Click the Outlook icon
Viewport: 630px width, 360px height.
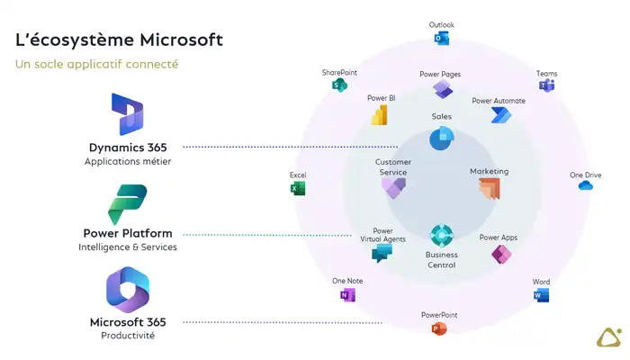(442, 39)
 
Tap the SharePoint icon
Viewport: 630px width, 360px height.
(339, 85)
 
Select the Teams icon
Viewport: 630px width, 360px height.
(546, 85)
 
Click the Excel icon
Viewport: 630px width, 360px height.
(298, 188)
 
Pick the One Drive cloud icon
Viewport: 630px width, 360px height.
(586, 185)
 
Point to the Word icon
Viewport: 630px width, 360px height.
(541, 295)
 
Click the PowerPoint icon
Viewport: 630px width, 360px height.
(439, 328)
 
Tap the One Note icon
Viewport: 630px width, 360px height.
(347, 294)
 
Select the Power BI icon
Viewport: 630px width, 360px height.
(380, 115)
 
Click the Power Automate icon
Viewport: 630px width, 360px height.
(500, 115)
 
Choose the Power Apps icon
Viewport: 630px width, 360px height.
(500, 255)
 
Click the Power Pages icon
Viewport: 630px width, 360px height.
(442, 89)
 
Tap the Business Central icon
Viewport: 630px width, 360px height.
(441, 236)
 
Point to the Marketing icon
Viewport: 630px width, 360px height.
(489, 188)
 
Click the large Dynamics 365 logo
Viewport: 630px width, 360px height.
(128, 115)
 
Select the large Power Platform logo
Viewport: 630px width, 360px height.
(127, 204)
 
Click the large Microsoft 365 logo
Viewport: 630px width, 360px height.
(128, 291)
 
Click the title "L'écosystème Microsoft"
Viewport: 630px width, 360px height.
(119, 40)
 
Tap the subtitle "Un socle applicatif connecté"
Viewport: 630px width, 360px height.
(96, 64)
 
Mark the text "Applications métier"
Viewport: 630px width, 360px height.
(128, 162)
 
